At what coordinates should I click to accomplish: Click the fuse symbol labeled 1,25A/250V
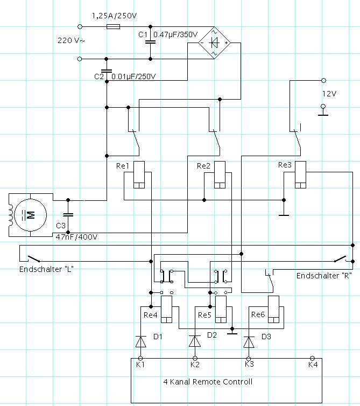click(113, 26)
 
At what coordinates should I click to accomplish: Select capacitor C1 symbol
click(150, 41)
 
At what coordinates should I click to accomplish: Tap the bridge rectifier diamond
click(214, 43)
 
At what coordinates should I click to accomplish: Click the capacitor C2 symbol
click(107, 71)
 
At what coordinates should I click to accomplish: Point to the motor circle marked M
click(31, 215)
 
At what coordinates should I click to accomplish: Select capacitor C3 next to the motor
click(68, 215)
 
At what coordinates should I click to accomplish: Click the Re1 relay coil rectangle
click(139, 174)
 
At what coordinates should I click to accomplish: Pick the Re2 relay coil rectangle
click(220, 174)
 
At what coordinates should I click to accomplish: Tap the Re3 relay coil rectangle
click(300, 174)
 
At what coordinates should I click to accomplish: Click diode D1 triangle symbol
click(141, 341)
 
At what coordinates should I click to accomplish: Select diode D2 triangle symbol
click(195, 341)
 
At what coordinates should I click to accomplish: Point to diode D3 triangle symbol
click(249, 342)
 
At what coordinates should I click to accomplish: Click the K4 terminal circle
click(313, 358)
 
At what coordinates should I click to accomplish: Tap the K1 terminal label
click(140, 365)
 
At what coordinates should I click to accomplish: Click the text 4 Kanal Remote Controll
click(208, 382)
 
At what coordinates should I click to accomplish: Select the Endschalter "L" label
click(46, 269)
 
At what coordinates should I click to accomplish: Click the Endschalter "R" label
click(324, 276)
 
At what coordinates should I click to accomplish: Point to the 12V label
click(329, 94)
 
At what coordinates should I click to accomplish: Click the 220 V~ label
click(71, 40)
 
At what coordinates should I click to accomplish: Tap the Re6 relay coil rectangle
click(273, 309)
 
